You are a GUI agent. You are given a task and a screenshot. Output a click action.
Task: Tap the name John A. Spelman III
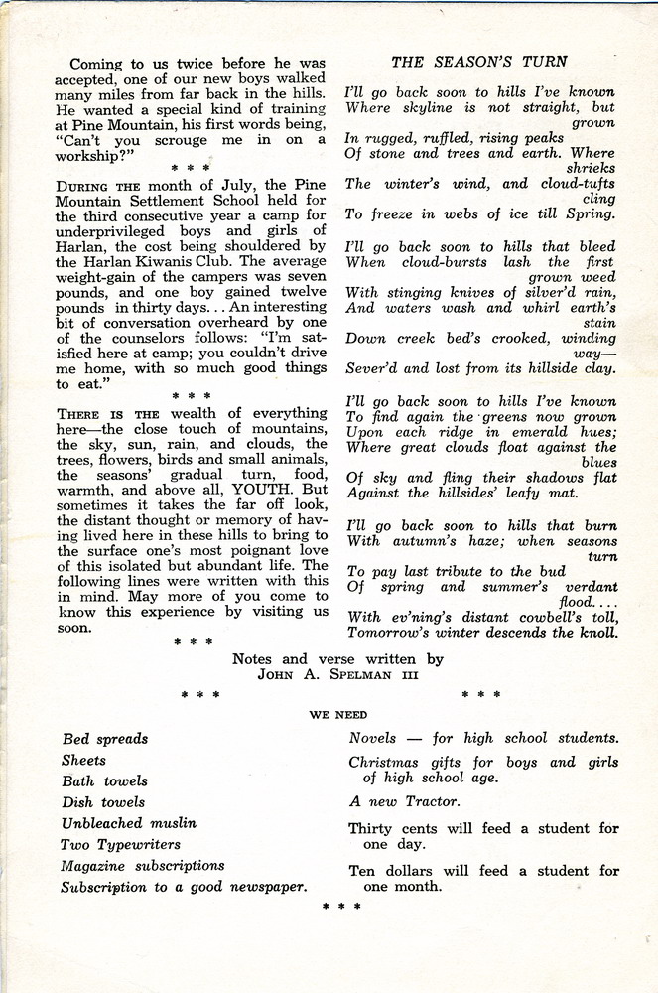click(x=336, y=676)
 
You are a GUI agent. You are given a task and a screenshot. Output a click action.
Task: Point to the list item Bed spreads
click(x=105, y=739)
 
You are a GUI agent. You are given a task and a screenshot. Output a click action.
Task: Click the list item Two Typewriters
click(x=121, y=844)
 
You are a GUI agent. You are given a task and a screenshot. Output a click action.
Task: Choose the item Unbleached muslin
click(x=129, y=823)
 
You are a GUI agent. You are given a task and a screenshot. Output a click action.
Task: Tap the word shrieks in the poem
click(x=592, y=169)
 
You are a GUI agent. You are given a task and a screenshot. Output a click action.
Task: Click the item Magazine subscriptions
click(x=143, y=865)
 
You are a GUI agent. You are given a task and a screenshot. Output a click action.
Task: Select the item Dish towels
click(x=103, y=802)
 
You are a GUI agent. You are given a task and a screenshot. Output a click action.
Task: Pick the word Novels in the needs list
click(x=372, y=738)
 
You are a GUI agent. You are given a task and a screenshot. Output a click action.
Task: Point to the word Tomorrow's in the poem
click(x=396, y=632)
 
